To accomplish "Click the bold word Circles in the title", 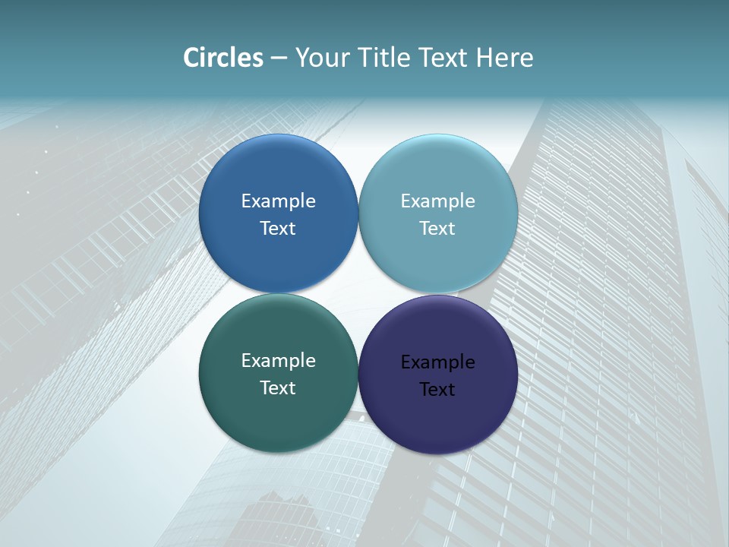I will tap(223, 58).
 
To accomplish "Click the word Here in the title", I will tap(504, 58).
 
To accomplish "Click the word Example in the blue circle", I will tap(278, 201).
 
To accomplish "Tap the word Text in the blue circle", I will tap(278, 229).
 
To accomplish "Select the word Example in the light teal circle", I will tap(437, 201).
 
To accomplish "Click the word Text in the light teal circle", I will tap(437, 229).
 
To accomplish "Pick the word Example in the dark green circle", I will tap(278, 361).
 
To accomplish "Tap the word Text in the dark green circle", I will tap(278, 388).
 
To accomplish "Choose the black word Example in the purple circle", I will tap(437, 362).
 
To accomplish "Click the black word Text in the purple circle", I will tap(437, 390).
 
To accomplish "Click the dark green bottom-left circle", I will tap(278, 422).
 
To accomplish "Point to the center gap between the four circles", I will tap(358, 293).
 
